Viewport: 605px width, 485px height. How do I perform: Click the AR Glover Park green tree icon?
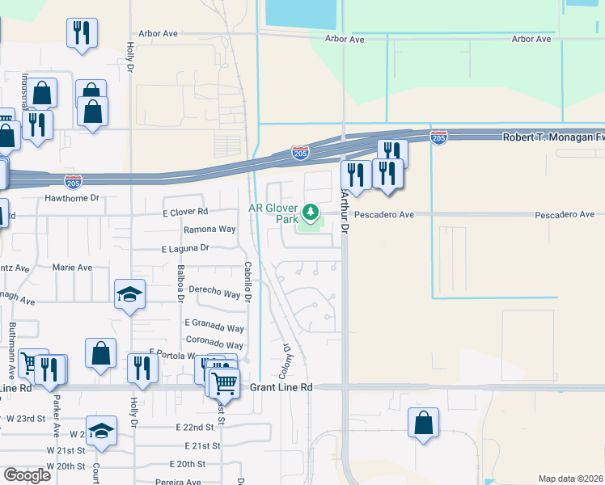tap(308, 213)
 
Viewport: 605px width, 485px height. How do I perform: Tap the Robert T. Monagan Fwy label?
tap(553, 137)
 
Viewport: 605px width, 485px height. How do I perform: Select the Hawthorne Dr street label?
tap(71, 197)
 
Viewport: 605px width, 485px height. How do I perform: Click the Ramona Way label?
tap(209, 230)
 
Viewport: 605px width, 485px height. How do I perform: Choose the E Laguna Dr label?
tap(185, 249)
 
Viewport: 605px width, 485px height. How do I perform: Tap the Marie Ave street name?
tap(72, 267)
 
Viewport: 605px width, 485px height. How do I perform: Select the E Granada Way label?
tap(214, 328)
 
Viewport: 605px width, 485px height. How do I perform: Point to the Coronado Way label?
tap(215, 344)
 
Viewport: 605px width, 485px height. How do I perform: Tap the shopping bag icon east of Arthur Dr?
tap(424, 423)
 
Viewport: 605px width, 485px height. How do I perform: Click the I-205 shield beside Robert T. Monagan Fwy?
tap(439, 137)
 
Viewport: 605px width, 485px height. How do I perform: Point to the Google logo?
tap(27, 474)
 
